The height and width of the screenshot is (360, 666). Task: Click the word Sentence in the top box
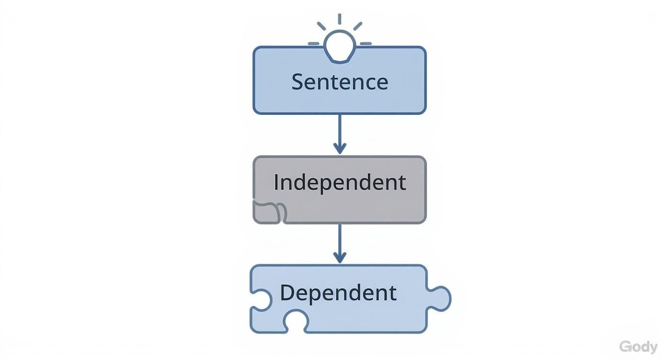point(340,81)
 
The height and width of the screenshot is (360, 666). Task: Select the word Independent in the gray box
point(340,182)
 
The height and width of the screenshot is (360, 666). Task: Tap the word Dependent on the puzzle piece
point(338,292)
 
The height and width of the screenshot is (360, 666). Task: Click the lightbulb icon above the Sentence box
point(339,46)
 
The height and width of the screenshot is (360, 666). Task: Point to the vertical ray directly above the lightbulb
point(339,19)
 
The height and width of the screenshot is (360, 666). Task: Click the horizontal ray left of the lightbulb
point(313,44)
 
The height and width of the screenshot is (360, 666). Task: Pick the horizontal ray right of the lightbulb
point(366,44)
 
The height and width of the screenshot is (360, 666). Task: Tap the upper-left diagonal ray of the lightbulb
point(321,26)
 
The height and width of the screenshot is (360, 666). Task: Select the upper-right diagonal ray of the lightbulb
point(357,26)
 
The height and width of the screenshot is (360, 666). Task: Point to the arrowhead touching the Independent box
point(339,148)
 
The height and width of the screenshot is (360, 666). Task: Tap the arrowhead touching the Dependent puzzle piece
point(339,257)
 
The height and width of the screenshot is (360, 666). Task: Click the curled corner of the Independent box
point(269,212)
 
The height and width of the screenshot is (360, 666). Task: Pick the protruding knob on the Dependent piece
point(440,298)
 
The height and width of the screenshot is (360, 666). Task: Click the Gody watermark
point(638,347)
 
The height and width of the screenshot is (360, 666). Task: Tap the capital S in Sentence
point(298,81)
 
